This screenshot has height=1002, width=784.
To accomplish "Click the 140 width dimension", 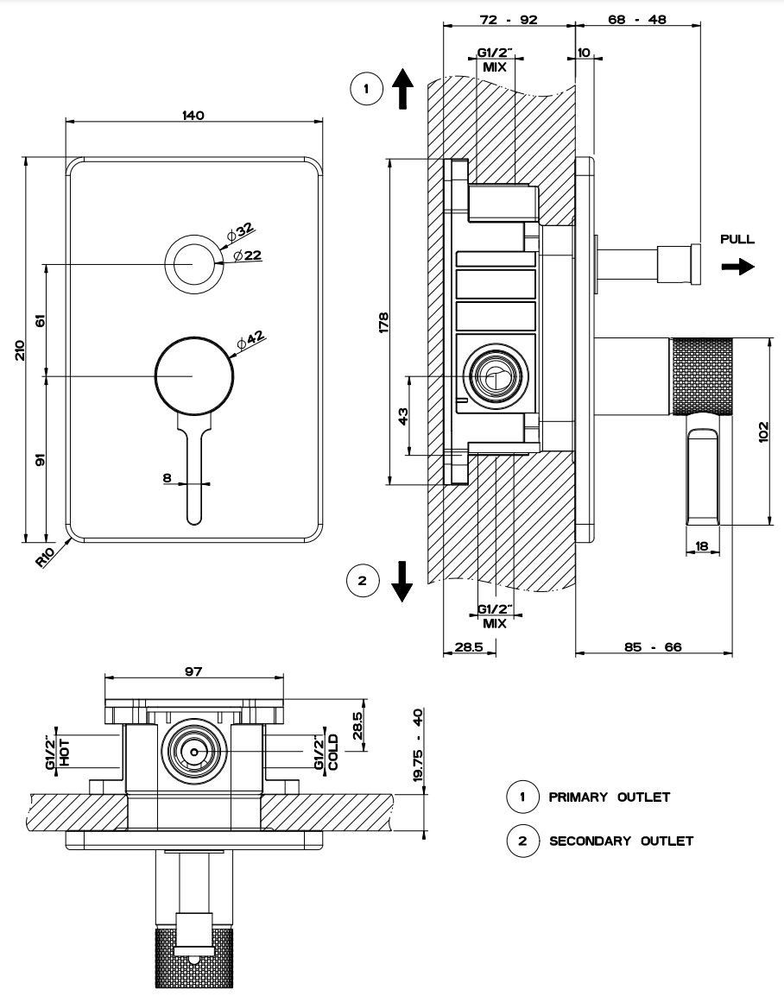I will [x=193, y=116].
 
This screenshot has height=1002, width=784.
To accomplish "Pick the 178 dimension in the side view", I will [x=384, y=321].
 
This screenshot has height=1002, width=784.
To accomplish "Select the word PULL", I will [x=737, y=239].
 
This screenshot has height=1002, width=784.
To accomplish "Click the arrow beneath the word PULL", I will [x=737, y=267].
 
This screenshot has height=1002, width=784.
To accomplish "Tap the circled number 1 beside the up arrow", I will [x=366, y=89].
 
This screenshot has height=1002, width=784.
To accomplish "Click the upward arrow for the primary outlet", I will [x=402, y=90].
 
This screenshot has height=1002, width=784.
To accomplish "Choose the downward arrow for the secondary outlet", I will [x=401, y=580].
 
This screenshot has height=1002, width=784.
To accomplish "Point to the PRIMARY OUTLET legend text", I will [x=609, y=797].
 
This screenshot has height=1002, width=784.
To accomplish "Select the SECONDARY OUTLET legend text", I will [x=621, y=841].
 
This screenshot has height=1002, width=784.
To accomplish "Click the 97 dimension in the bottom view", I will [x=193, y=672].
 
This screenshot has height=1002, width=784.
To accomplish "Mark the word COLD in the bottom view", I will [x=332, y=752].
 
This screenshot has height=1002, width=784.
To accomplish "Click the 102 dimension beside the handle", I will [x=763, y=432].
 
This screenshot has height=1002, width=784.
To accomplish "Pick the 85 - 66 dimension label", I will [x=654, y=646].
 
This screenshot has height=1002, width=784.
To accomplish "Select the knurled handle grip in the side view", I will [x=700, y=375].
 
